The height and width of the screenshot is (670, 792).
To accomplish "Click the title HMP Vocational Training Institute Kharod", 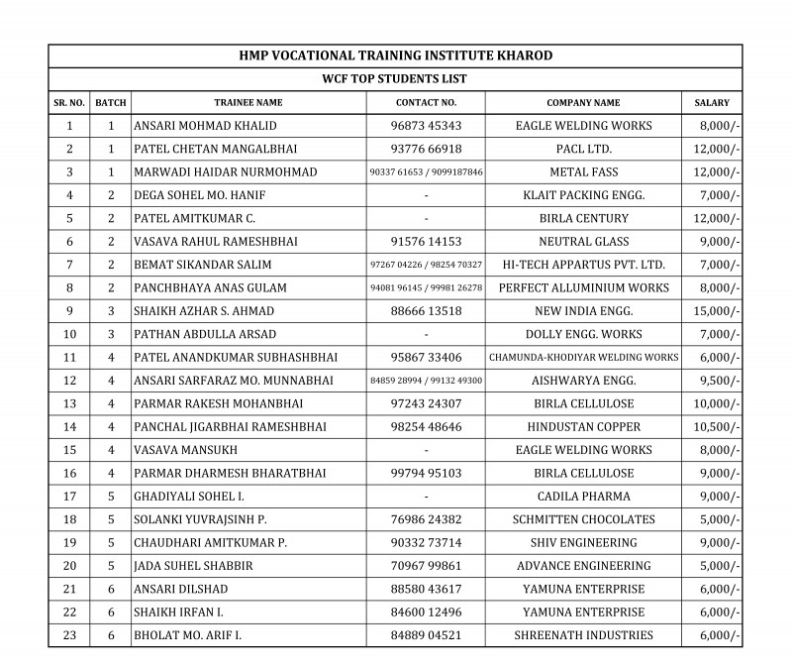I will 396,56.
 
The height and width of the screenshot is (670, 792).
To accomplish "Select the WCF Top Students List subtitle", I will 396,78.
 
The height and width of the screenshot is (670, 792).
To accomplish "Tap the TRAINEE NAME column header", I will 248,102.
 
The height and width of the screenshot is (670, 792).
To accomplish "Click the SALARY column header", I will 712,102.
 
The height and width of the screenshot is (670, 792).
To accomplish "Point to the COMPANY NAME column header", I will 583,102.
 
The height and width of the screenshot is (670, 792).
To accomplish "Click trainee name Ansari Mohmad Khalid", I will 205,126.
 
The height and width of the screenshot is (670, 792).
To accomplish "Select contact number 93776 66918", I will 426,149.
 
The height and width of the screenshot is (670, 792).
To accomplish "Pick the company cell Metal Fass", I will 583,171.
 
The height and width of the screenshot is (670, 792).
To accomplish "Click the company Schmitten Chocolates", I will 583,519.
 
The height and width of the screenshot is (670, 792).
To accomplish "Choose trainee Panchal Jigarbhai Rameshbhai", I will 232,426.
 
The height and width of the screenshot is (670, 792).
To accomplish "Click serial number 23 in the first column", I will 69,635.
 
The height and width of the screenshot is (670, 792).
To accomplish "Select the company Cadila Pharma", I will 583,496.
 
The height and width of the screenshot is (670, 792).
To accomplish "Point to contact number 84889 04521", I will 426,635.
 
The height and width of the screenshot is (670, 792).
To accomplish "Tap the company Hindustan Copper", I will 583,426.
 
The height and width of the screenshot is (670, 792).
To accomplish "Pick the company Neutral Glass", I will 583,241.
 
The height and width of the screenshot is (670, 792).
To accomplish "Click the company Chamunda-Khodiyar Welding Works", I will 583,357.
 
